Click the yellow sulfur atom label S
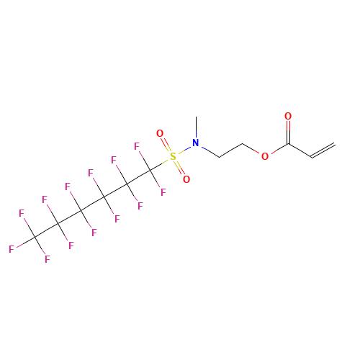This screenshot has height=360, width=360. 173,156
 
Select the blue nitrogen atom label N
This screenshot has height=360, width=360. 196,143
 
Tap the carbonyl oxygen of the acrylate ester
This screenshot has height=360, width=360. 288,116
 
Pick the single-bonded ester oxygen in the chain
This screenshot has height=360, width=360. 265,156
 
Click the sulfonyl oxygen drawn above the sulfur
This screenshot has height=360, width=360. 160,133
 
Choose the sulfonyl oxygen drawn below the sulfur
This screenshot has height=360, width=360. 186,179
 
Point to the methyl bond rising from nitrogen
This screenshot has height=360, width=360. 196,127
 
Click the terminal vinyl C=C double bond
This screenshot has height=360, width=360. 323,150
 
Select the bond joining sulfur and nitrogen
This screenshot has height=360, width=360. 184,150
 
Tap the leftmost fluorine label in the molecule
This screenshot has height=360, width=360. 12,249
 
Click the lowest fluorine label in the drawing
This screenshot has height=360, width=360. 48,259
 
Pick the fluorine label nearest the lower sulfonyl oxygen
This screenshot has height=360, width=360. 163,192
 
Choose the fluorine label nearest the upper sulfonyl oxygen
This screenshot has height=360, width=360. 137,146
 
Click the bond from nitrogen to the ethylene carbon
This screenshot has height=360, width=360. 210,152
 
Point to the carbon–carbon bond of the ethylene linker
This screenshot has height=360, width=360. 230,150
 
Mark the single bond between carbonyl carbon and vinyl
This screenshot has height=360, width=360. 300,150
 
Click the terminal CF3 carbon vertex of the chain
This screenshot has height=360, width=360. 35,238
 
